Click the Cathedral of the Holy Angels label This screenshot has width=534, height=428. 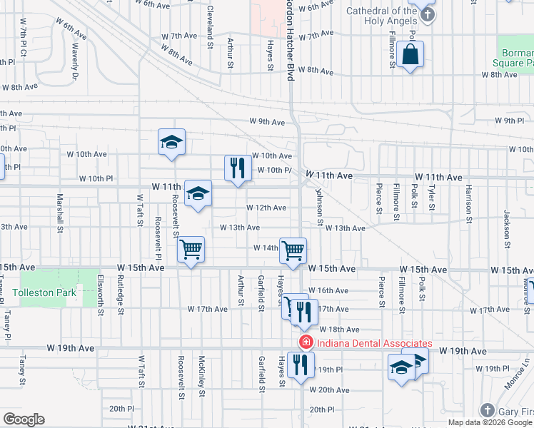pos(381,16)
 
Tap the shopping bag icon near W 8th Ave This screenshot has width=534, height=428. pos(411,54)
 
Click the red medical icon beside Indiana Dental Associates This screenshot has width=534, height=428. pos(306,342)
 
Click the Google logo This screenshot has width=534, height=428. pos(24,419)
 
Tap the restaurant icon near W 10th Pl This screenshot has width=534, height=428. pos(238,168)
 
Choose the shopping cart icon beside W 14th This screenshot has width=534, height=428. pos(293,250)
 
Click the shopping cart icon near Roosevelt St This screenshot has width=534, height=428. pos(191,250)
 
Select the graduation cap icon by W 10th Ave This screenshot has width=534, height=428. pos(172,141)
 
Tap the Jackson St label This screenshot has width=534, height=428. pos(506,224)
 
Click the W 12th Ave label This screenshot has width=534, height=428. pos(266,208)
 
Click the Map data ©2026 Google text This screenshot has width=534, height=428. pos(489,422)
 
